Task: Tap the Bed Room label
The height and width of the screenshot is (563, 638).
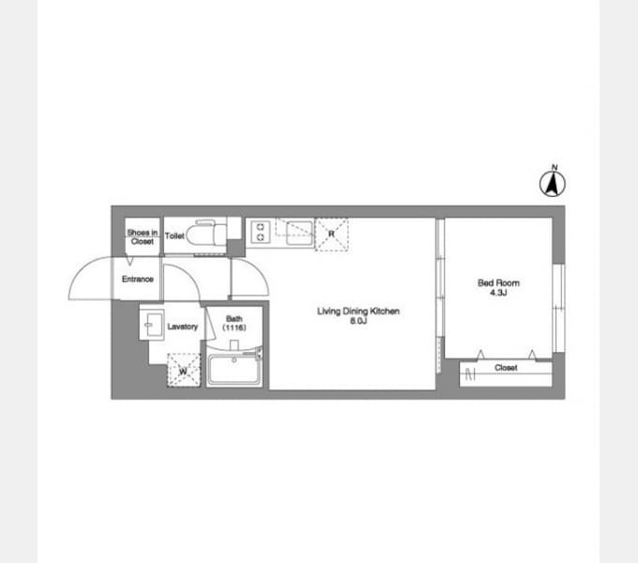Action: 498,282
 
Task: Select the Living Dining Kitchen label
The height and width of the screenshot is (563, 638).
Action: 358,312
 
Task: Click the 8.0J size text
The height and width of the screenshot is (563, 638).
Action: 358,321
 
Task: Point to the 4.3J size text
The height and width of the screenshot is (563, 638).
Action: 498,293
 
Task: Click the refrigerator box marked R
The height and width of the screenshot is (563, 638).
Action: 331,235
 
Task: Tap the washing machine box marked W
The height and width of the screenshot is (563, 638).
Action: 184,370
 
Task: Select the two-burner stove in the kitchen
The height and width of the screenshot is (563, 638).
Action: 261,232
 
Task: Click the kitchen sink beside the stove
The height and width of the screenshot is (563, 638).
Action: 300,233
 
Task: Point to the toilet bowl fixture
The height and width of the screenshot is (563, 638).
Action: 206,233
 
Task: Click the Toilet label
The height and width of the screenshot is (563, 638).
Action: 175,236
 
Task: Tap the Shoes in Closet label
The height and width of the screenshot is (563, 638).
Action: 143,236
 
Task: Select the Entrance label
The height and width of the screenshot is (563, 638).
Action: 138,279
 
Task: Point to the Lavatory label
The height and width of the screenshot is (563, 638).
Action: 182,327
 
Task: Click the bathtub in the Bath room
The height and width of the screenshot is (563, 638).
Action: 234,370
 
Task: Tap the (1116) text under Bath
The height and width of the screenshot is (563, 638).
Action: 234,327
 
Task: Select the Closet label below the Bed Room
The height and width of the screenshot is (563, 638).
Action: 506,368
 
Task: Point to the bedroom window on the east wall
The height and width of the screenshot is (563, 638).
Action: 558,308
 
